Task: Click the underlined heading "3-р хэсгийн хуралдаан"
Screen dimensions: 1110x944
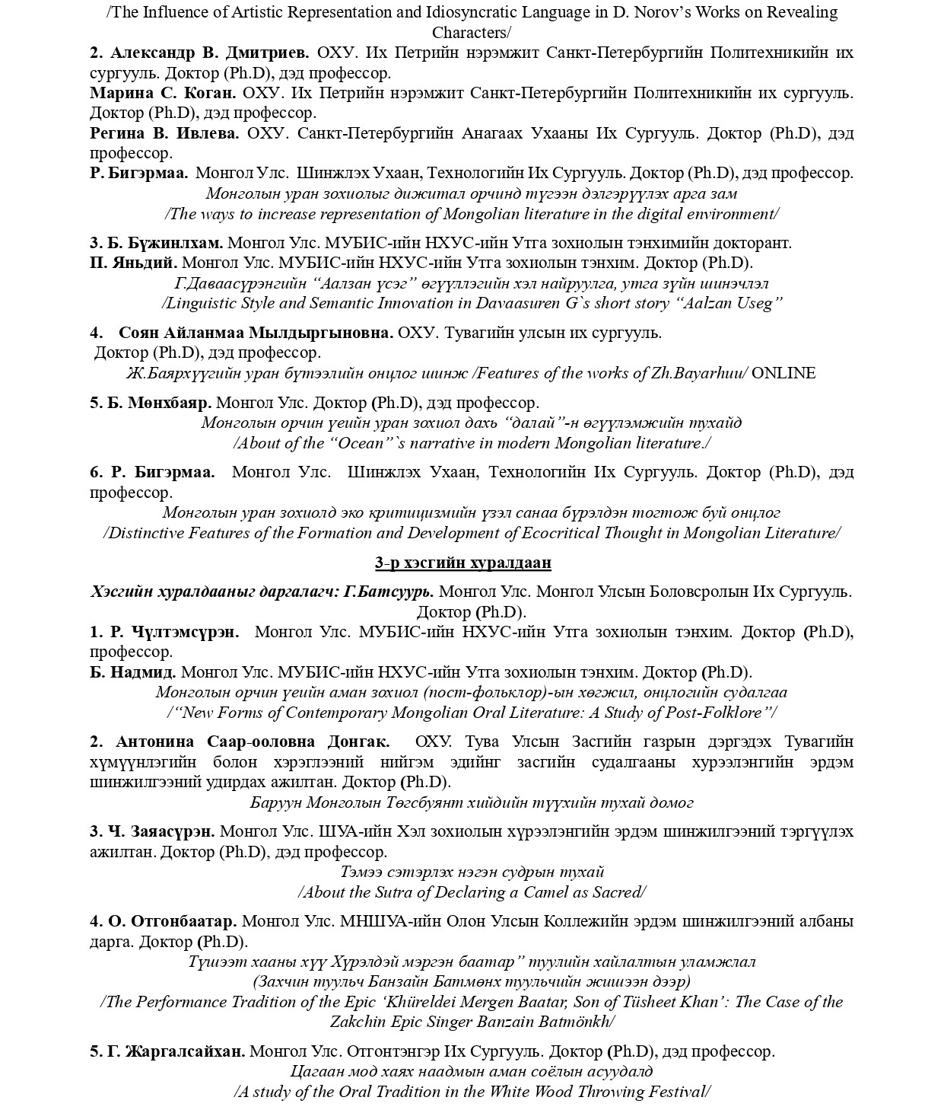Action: tap(462, 563)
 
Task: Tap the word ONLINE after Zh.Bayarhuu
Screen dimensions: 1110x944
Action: tap(783, 373)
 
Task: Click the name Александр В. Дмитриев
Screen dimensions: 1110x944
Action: tap(209, 53)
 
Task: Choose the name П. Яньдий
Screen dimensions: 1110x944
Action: tap(133, 263)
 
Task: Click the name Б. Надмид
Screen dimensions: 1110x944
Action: tap(133, 672)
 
